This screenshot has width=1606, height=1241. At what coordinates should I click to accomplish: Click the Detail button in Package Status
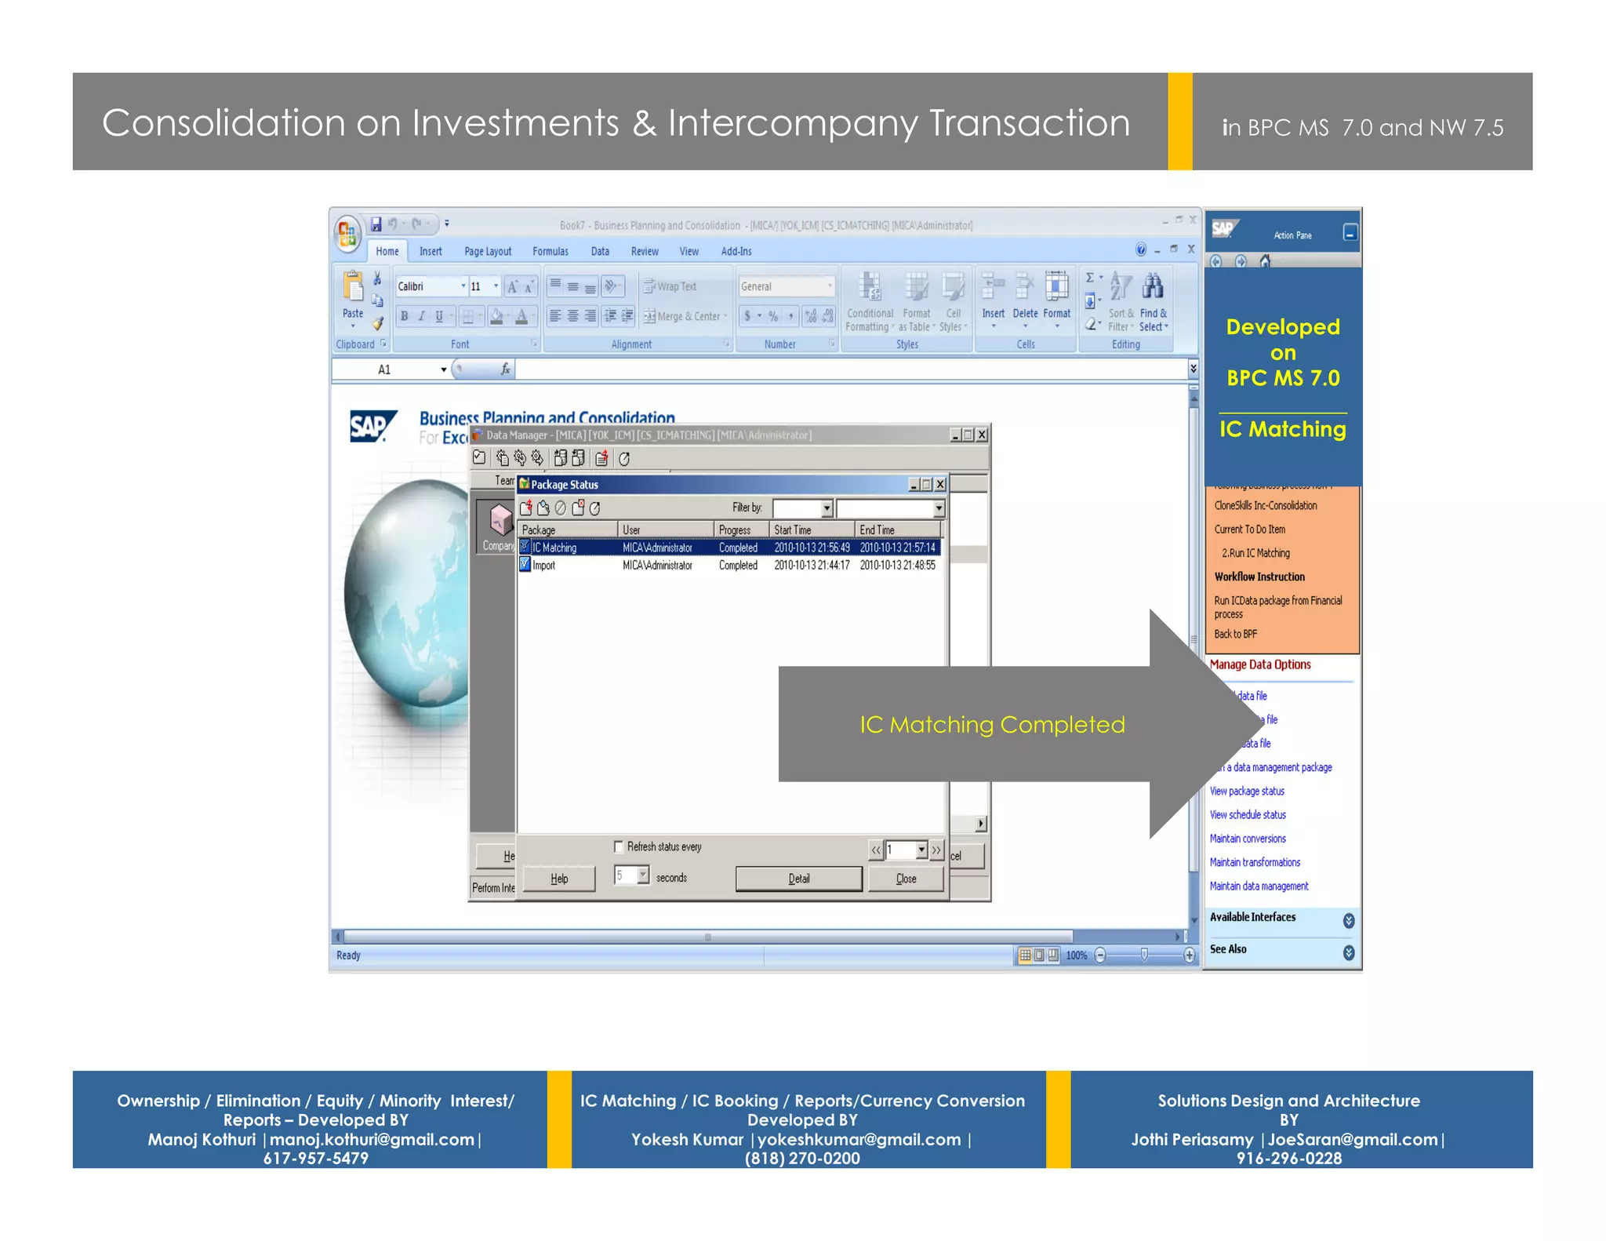tap(798, 879)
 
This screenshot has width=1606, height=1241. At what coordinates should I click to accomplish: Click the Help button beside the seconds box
tap(558, 879)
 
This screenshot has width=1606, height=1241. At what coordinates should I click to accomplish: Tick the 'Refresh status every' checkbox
tap(619, 846)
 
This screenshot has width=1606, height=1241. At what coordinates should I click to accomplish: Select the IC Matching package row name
tap(554, 548)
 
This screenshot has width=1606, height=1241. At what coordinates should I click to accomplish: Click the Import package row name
tap(543, 565)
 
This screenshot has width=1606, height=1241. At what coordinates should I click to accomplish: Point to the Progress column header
tap(735, 530)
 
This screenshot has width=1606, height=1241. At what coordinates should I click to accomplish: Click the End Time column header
tap(877, 530)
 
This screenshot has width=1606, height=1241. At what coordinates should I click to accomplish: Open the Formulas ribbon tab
tap(550, 251)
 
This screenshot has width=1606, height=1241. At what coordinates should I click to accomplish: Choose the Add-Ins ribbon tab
tap(736, 251)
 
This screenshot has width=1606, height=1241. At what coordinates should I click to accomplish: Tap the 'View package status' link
tap(1247, 791)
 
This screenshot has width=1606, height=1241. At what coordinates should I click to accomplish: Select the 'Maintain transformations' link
tap(1255, 862)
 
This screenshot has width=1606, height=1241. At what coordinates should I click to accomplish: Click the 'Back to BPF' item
tap(1235, 634)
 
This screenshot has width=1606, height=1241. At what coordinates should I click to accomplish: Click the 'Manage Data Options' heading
tap(1259, 664)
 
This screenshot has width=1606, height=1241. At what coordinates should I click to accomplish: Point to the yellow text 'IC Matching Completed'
tap(991, 724)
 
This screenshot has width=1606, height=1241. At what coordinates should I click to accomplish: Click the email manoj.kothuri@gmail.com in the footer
tap(372, 1139)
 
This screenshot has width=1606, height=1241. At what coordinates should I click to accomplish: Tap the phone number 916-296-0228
tap(1288, 1159)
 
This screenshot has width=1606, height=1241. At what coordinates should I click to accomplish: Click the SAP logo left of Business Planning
tap(372, 426)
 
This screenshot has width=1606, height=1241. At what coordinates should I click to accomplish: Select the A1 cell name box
tap(385, 369)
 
